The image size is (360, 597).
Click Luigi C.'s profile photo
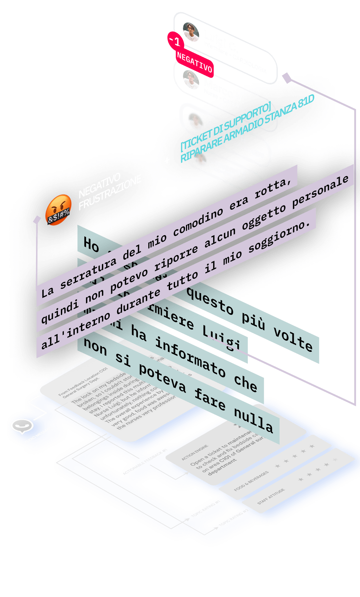coord(191,32)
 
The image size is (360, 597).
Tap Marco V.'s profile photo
coord(191,80)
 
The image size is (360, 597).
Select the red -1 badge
coord(175,41)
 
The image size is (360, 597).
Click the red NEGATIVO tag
coord(194,62)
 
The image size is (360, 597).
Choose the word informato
coord(190,357)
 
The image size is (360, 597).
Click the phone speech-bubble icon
coord(22,426)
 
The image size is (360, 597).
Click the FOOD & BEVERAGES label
coord(251,482)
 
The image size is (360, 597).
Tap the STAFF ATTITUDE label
coord(271,496)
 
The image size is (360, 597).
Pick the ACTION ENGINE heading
coord(195,453)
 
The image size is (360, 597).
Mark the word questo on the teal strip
coord(210,301)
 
